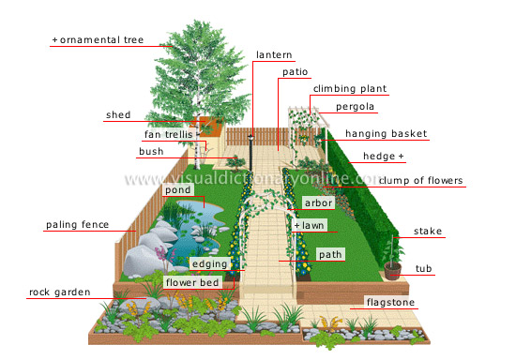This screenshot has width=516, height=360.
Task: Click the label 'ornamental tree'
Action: [x=93, y=40]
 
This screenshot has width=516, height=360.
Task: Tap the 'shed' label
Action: [x=118, y=115]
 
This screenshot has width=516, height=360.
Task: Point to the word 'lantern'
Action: [x=274, y=55]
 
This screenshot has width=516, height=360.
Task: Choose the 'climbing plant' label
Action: [x=349, y=89]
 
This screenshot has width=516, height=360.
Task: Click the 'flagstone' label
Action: [x=390, y=303]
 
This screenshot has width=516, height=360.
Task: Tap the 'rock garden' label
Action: [x=59, y=292]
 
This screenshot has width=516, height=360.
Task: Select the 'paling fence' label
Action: [x=78, y=225]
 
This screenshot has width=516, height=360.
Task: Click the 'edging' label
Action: [x=208, y=264]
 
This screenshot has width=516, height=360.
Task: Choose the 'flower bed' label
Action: [x=192, y=281]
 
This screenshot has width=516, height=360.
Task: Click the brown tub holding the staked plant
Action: [x=394, y=271]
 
